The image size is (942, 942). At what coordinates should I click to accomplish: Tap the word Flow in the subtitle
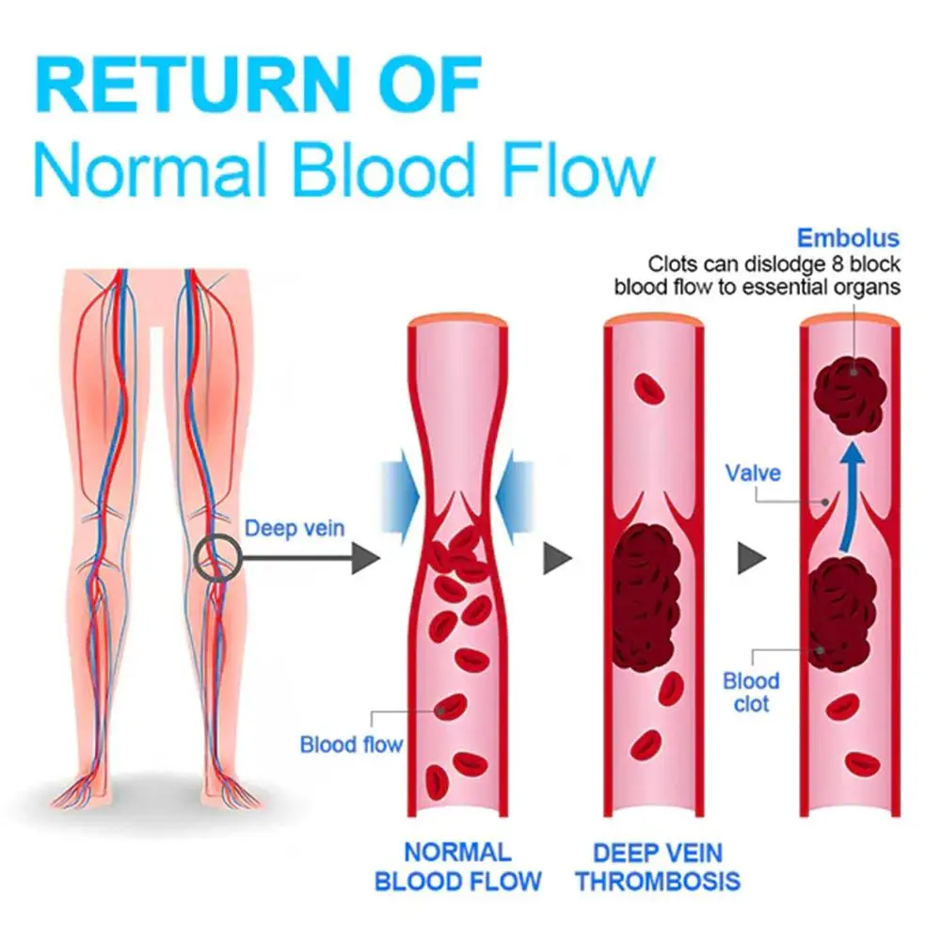565,171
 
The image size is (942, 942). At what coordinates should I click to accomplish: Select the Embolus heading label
848,238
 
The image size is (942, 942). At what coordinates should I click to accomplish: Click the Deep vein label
294,528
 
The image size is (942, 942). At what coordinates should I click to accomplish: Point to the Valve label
752,472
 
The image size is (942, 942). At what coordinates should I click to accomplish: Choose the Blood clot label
751,692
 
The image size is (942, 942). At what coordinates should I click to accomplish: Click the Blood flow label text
350,745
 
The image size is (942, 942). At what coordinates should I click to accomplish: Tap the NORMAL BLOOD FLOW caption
457,867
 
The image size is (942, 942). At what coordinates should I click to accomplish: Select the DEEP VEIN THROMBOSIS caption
658,867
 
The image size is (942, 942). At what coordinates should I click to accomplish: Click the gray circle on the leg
216,559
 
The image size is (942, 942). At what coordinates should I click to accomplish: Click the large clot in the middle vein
647,591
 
